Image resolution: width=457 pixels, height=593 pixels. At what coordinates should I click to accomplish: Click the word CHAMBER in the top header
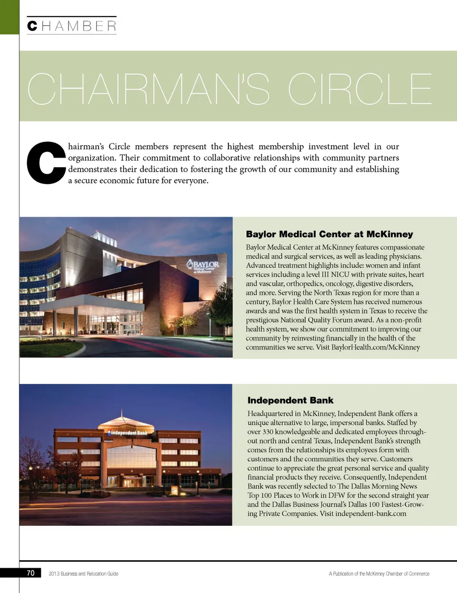coord(72,26)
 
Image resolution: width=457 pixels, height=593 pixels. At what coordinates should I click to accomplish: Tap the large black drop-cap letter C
coord(46,162)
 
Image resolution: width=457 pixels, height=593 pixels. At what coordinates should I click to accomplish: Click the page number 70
coord(30,573)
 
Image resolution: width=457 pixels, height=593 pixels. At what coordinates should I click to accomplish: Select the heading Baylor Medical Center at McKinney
coord(329,234)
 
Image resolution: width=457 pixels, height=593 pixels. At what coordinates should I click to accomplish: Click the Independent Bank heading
coord(290,401)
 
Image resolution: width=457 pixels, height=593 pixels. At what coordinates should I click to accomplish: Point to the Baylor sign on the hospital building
coord(203,266)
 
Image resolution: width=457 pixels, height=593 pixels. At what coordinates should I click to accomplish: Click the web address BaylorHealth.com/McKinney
coord(376,347)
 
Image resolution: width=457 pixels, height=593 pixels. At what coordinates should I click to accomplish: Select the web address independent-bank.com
coord(370,513)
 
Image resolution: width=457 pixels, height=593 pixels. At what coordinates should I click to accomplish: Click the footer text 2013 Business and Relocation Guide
coord(83,573)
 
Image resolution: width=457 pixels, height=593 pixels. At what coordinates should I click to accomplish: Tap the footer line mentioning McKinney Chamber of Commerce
coord(379,573)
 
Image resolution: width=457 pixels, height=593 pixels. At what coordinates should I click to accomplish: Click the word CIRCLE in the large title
coord(360,89)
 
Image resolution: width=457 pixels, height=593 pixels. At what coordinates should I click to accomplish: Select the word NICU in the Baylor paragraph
coord(340,274)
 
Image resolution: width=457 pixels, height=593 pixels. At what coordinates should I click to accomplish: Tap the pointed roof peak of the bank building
coord(122,412)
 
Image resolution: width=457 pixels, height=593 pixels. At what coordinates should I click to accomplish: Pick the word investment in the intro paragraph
coord(329,146)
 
